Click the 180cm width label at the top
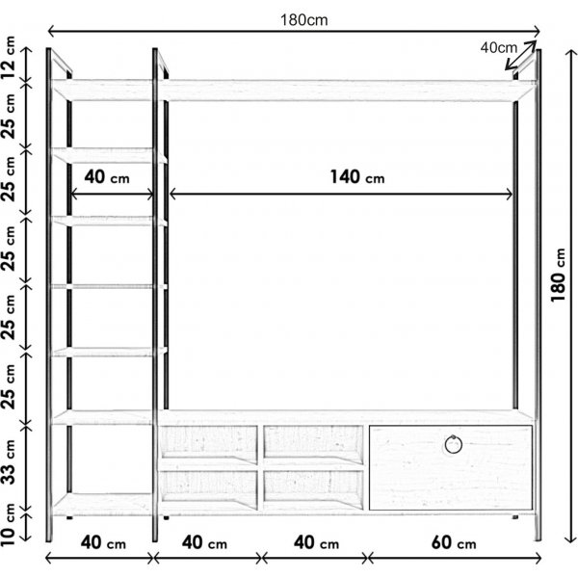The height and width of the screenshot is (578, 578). click(x=303, y=20)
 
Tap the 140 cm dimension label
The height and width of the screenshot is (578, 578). click(x=356, y=177)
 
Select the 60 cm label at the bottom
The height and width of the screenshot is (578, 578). click(x=454, y=542)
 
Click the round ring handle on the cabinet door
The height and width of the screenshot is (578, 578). click(x=453, y=444)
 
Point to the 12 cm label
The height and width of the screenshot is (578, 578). click(x=9, y=57)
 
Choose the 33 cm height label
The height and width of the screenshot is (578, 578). click(x=9, y=461)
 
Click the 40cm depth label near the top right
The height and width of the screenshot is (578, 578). click(x=498, y=47)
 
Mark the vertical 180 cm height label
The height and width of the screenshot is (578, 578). click(x=558, y=276)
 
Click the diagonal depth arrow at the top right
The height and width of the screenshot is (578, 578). click(x=520, y=55)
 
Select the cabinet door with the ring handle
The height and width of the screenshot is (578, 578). click(x=451, y=468)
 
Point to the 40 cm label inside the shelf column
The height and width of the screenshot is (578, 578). click(x=107, y=177)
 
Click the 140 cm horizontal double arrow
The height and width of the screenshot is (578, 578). click(x=341, y=194)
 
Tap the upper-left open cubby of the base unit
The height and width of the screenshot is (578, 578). click(x=209, y=444)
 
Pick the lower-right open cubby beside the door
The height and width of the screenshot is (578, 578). click(x=313, y=489)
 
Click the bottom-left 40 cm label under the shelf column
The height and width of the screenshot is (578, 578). click(x=103, y=542)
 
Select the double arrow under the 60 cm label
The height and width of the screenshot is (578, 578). click(x=454, y=559)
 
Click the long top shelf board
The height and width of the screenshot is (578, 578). click(x=293, y=90)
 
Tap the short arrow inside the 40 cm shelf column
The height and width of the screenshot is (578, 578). click(x=112, y=194)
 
